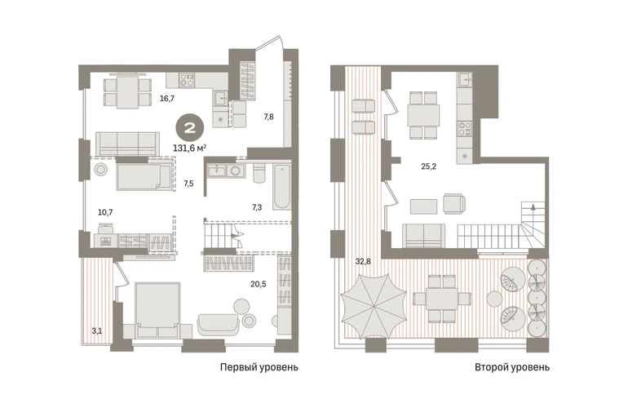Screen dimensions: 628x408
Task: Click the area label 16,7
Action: pos(167,98)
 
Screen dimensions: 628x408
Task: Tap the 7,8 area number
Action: pos(269,117)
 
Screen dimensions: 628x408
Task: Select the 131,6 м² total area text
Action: pos(190,148)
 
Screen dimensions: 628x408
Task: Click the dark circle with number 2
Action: pos(189,128)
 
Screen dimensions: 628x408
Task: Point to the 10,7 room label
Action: pos(105,212)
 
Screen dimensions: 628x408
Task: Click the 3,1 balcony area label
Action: pos(97,331)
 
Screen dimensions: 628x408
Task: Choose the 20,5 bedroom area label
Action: pos(259,284)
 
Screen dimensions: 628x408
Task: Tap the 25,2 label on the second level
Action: pos(428,166)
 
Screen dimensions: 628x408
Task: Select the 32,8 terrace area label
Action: pos(363,262)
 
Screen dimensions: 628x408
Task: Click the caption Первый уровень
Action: pos(259,367)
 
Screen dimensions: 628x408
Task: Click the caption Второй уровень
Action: pos(512,367)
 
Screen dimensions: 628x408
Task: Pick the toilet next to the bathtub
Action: pos(259,173)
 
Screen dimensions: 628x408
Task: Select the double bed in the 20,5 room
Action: pos(157,310)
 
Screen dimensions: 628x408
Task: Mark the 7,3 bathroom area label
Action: pos(257,207)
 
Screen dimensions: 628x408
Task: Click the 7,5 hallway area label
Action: pos(188,184)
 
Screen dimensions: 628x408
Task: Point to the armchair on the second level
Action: pos(454,204)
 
